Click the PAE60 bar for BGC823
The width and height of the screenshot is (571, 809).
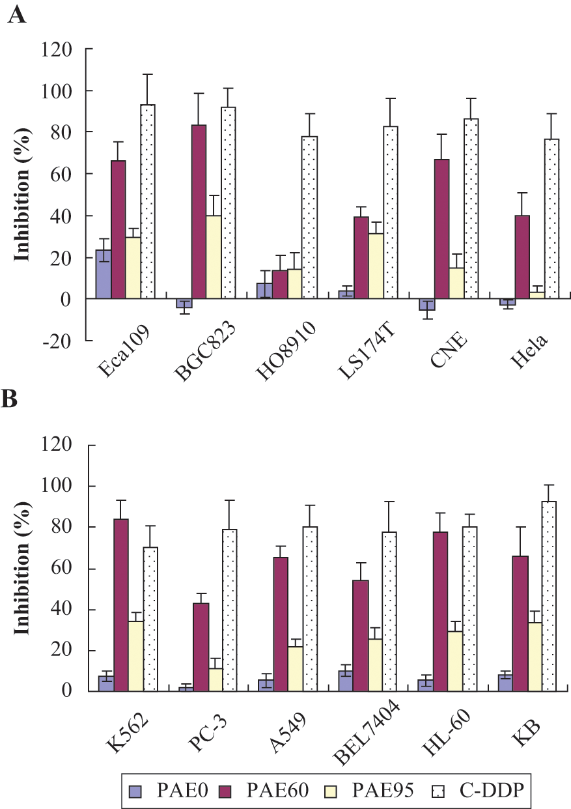pos(199,212)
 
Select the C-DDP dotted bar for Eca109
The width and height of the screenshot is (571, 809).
pos(148,201)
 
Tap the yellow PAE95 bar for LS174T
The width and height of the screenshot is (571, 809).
pos(376,266)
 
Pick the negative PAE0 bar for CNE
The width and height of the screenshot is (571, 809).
pos(427,304)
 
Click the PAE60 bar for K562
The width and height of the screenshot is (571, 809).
pos(121,605)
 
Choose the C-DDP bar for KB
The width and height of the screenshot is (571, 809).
pos(549,596)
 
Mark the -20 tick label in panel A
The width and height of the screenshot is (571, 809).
pos(57,341)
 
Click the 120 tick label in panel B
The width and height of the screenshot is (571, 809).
pos(56,445)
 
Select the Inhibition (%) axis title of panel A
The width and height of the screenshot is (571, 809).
pos(22,195)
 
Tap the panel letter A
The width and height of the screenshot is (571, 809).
pos(17,16)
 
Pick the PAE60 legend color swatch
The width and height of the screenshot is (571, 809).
pos(225,789)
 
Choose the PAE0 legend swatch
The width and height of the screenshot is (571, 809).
pos(135,789)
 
